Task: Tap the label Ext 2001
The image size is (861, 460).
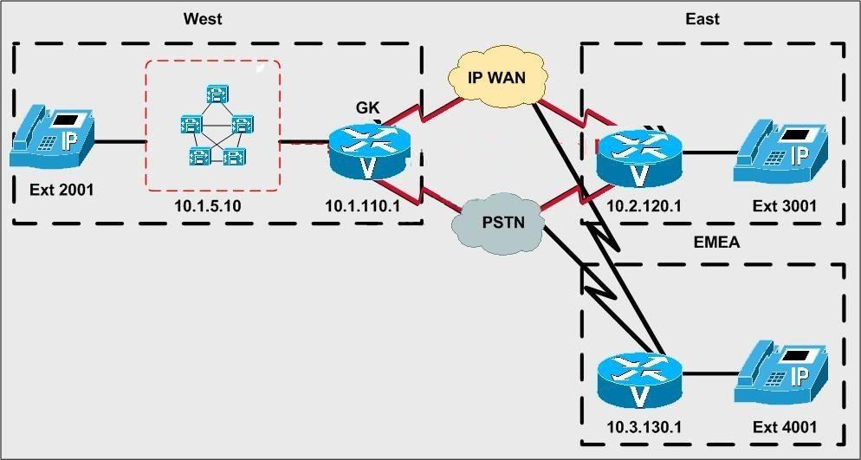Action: [x=61, y=191]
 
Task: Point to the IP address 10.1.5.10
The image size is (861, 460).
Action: [x=208, y=206]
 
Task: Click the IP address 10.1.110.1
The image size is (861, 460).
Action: [x=363, y=206]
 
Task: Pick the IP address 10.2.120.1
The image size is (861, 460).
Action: [x=644, y=206]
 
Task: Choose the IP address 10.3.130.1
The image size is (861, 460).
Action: [x=644, y=426]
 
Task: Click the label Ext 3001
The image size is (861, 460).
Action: [x=784, y=206]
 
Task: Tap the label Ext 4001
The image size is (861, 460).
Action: [x=784, y=426]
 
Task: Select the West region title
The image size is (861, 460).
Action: [x=203, y=19]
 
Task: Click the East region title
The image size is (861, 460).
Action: [x=702, y=19]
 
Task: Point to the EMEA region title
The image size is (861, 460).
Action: [x=716, y=242]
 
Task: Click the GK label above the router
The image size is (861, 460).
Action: [x=367, y=107]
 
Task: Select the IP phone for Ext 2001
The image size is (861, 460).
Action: [x=52, y=137]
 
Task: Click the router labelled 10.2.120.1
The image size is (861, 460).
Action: [x=639, y=157]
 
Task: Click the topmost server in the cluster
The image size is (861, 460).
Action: [x=217, y=94]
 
